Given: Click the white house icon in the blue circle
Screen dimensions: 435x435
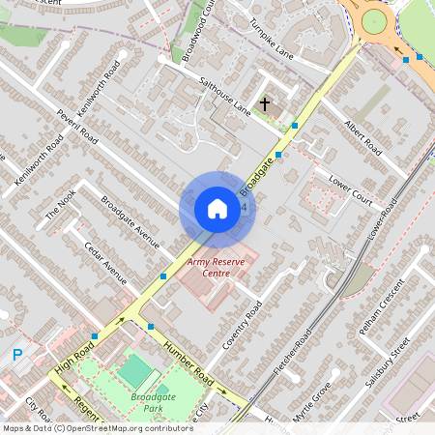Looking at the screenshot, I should (x=217, y=209).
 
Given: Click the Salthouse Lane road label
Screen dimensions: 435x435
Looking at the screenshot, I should (x=223, y=98).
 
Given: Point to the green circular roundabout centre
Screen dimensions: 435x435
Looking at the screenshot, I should (x=374, y=21).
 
